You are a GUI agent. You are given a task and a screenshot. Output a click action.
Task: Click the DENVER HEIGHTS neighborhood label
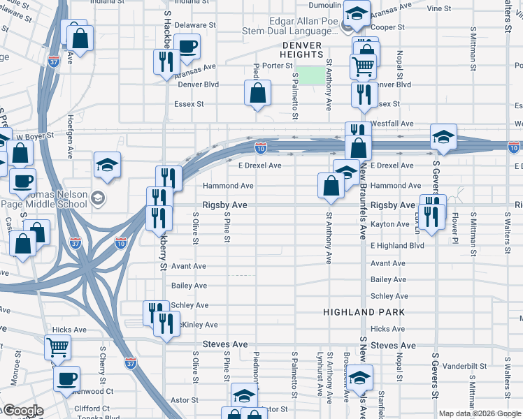click(302, 50)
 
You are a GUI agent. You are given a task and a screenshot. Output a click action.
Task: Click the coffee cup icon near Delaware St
click(187, 47)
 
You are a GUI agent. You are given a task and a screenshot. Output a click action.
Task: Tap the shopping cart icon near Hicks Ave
click(57, 346)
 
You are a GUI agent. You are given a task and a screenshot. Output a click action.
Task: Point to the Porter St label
click(277, 65)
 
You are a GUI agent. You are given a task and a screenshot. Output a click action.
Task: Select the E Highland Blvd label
click(397, 246)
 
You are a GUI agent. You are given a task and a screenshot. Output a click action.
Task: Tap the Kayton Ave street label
click(389, 224)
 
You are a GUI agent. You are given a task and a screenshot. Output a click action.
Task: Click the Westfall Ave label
click(393, 124)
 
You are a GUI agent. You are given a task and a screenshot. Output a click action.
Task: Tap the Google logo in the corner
click(22, 411)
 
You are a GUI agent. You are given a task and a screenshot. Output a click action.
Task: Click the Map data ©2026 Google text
click(479, 413)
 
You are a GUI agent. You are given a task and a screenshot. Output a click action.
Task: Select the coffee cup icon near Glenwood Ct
click(67, 378)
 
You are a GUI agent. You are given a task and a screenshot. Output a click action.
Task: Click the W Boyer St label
click(31, 137)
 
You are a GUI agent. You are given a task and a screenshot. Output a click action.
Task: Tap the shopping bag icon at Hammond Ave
click(330, 185)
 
